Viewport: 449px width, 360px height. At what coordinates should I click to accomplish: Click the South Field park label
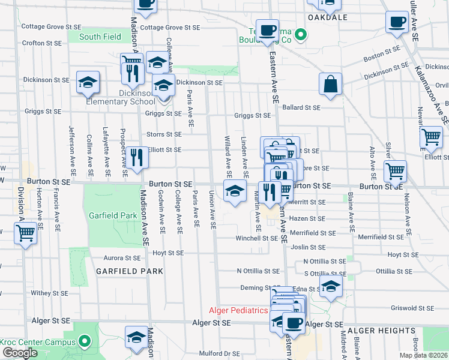(100, 37)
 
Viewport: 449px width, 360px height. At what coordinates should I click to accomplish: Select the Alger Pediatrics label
(238, 310)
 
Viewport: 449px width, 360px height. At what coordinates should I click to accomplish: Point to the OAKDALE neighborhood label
(328, 18)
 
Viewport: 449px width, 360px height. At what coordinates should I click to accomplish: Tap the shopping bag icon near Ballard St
(330, 85)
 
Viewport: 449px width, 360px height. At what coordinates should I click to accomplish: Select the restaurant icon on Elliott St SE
(136, 157)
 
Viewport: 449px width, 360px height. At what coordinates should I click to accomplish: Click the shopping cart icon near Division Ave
(25, 233)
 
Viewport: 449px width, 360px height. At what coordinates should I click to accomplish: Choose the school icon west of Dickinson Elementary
(88, 82)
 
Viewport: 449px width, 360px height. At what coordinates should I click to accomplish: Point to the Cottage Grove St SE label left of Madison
(50, 26)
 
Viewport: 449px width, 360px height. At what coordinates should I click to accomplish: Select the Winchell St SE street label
(257, 238)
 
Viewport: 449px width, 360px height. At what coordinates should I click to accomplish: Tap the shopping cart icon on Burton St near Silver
(395, 171)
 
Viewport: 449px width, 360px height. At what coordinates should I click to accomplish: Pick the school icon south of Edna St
(330, 287)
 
